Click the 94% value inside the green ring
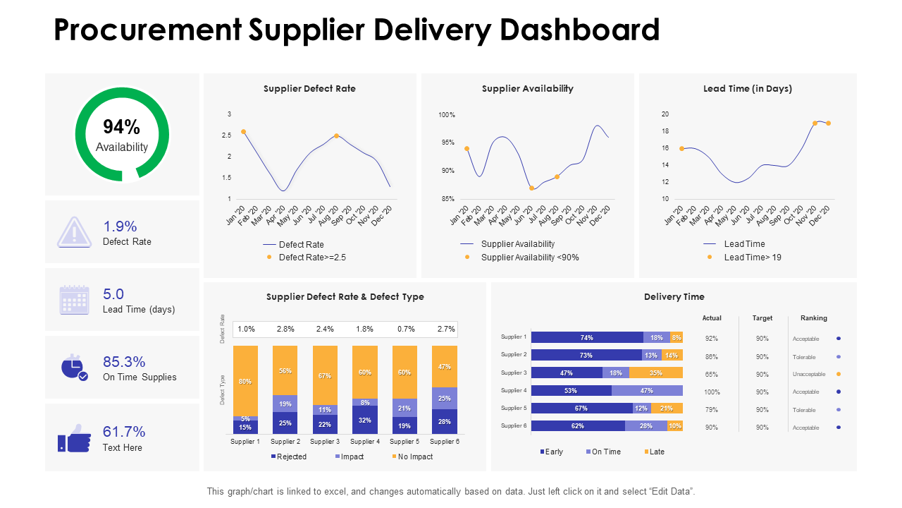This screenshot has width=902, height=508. click(121, 127)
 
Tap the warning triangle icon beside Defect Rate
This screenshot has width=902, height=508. click(74, 232)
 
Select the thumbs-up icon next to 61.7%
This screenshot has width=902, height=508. click(74, 438)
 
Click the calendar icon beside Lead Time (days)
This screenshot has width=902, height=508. click(74, 300)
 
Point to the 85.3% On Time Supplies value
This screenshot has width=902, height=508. click(124, 362)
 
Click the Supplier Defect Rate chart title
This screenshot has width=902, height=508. click(309, 89)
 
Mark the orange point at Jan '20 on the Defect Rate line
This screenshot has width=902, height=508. click(244, 132)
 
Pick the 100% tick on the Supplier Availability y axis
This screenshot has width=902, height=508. click(447, 114)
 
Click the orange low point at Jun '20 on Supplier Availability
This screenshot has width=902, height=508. click(531, 188)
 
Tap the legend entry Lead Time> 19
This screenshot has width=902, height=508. click(752, 258)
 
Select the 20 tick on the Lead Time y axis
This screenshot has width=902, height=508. click(665, 114)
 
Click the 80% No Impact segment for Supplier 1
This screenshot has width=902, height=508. click(245, 382)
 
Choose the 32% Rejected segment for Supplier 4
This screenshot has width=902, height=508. click(364, 420)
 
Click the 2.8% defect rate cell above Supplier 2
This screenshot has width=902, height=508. click(285, 329)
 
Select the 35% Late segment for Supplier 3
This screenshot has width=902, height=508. click(655, 373)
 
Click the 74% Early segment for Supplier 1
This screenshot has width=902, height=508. click(586, 337)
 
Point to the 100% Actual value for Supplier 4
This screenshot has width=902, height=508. click(712, 392)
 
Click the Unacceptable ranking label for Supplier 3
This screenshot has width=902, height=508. click(808, 375)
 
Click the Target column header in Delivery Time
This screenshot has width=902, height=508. click(762, 318)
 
